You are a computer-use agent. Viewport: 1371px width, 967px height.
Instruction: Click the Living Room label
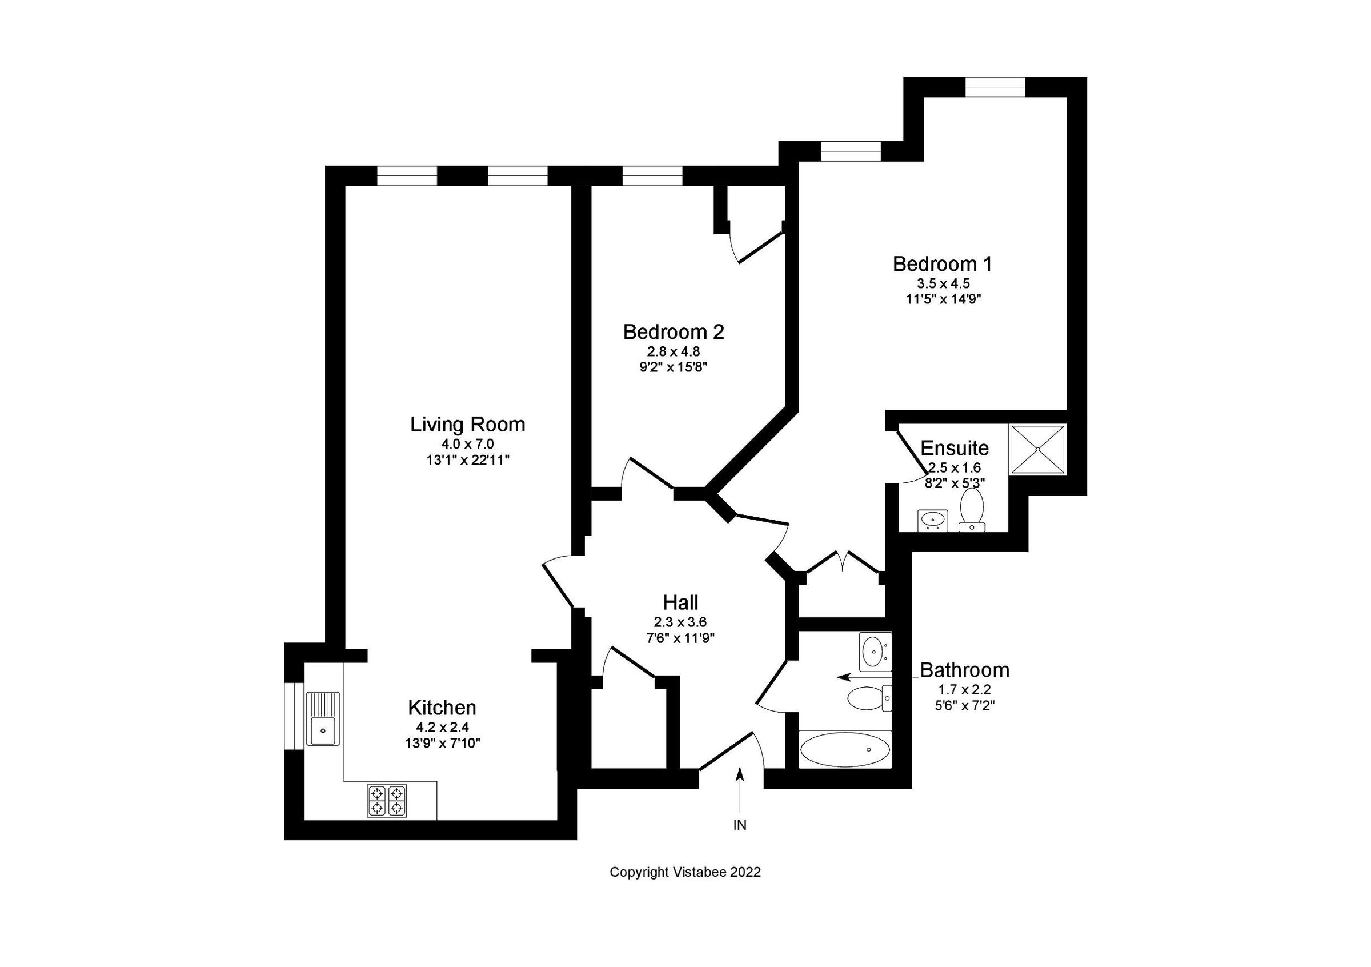(x=467, y=425)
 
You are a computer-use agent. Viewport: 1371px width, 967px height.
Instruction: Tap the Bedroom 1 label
(x=943, y=263)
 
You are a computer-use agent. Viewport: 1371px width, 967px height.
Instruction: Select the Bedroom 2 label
(x=674, y=331)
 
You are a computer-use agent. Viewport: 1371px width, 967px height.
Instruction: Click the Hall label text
(x=680, y=602)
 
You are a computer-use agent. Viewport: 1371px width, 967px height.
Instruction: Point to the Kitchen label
(x=442, y=708)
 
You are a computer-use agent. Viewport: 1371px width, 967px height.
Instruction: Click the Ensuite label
(x=954, y=448)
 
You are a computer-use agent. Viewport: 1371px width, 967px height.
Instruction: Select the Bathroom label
(x=964, y=670)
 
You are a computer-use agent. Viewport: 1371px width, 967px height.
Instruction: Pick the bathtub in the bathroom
(x=845, y=750)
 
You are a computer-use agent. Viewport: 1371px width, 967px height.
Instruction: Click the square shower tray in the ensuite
(x=1037, y=450)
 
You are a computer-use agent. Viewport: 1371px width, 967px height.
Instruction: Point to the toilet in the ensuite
(x=972, y=509)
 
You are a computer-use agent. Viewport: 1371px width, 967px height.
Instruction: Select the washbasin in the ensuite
(x=933, y=520)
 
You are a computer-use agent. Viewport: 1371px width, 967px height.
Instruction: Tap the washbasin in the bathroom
(x=874, y=652)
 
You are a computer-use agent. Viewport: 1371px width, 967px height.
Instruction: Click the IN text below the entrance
(x=740, y=825)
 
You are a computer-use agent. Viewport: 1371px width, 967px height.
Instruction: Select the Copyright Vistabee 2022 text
(x=685, y=872)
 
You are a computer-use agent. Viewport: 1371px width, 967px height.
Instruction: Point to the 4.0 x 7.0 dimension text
(x=467, y=444)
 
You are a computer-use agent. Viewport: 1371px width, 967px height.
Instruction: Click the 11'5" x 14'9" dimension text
(x=944, y=299)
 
